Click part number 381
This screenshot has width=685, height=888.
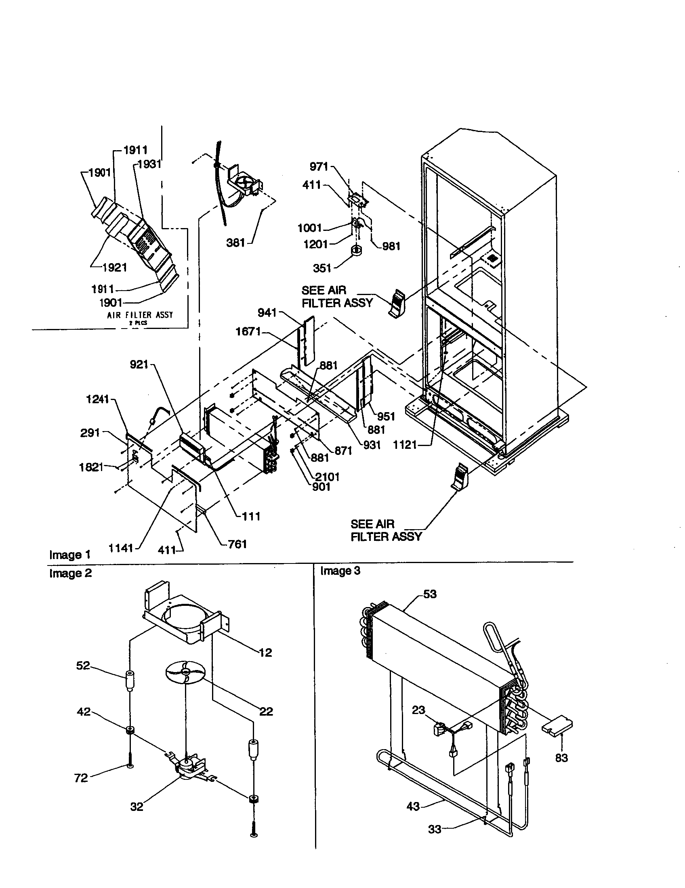click(235, 243)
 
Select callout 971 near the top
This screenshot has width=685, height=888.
click(319, 166)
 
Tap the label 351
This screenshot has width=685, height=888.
click(322, 268)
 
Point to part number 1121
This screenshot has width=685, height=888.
click(405, 445)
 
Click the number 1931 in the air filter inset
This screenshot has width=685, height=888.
click(149, 164)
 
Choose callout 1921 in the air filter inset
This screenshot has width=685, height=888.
click(114, 268)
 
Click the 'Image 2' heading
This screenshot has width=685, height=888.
click(70, 573)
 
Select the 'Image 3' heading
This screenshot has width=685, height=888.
click(340, 571)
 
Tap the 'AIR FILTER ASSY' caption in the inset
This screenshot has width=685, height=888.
click(140, 315)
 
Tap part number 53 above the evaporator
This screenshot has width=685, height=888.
click(430, 594)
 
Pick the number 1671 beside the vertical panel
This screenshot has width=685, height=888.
click(248, 332)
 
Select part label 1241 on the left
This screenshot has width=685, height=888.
click(98, 399)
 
